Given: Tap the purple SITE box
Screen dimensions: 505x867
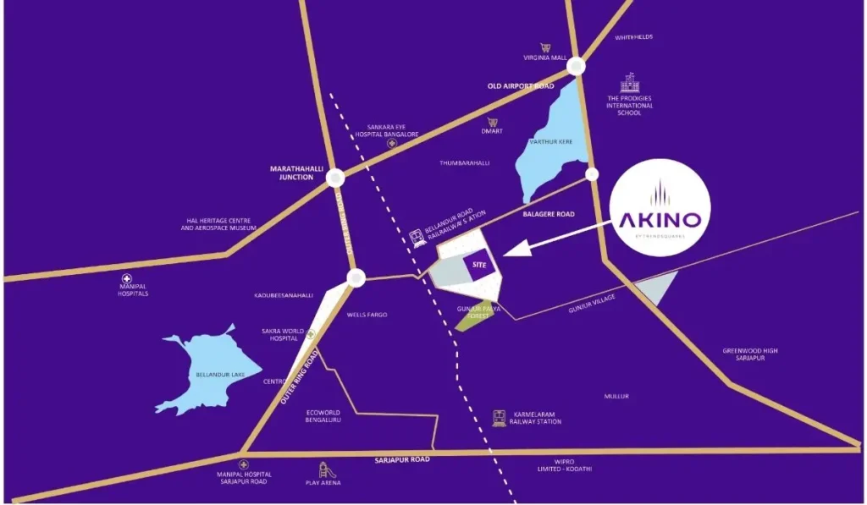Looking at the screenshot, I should pyautogui.click(x=479, y=265).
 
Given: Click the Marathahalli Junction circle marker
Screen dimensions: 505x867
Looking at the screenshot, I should pyautogui.click(x=335, y=178).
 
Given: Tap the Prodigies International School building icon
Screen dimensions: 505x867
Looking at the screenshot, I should pyautogui.click(x=629, y=83).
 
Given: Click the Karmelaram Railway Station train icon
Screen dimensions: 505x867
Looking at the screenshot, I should pyautogui.click(x=500, y=418).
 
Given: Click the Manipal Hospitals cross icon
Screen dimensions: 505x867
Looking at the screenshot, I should pyautogui.click(x=127, y=278).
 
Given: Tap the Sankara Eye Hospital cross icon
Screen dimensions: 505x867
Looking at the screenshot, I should pyautogui.click(x=391, y=144).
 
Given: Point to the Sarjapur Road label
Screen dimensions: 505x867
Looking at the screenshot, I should pyautogui.click(x=402, y=459).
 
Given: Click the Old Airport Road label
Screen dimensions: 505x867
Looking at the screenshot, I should pyautogui.click(x=520, y=86).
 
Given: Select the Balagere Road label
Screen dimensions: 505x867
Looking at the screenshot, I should pyautogui.click(x=549, y=214).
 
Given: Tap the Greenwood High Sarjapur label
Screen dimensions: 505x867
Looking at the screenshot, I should pyautogui.click(x=750, y=354).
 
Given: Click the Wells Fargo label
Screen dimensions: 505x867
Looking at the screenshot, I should pyautogui.click(x=367, y=315).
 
